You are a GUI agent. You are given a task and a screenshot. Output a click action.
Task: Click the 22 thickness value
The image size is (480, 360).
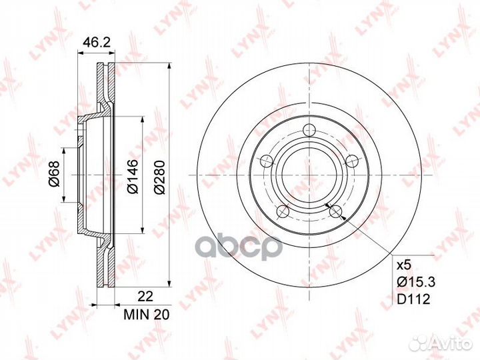pos(145,296)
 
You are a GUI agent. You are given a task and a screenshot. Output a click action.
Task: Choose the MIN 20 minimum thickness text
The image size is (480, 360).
pos(146,315)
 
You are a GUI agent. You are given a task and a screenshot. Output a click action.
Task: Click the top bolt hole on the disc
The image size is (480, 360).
pos(309,130)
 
